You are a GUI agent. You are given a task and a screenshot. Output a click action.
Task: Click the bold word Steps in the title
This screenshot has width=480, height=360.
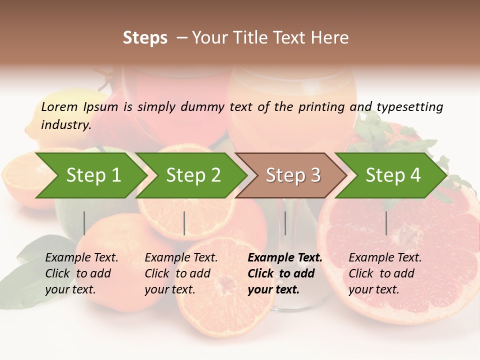145,37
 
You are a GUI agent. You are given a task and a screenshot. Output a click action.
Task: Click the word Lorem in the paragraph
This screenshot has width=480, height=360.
59,106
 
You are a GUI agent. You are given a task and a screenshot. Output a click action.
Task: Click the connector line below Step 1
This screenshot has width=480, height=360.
84,223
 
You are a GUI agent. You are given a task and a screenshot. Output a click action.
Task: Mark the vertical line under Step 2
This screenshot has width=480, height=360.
184,223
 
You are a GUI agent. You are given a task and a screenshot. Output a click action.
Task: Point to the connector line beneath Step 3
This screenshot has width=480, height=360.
285,223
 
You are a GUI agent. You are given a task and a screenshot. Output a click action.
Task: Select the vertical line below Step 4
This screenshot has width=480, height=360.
386,223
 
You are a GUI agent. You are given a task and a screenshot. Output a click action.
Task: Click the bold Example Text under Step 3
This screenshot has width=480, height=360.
285,258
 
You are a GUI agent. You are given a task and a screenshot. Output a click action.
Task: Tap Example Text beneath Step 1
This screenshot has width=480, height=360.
81,258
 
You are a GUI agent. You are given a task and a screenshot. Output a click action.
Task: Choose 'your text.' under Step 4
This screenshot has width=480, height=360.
373,290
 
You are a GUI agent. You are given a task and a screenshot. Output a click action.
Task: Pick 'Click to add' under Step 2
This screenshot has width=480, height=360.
177,274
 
